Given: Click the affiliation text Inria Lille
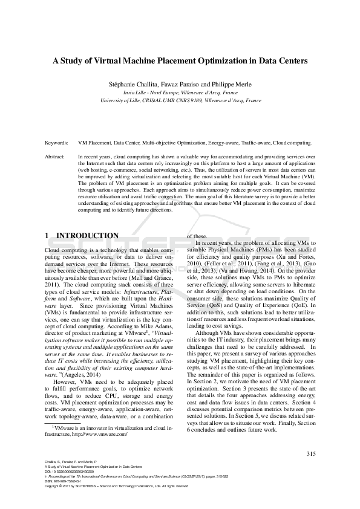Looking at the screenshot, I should coord(136,92).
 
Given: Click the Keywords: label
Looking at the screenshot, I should coord(57,144).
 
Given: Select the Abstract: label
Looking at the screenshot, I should coord(56,157).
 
